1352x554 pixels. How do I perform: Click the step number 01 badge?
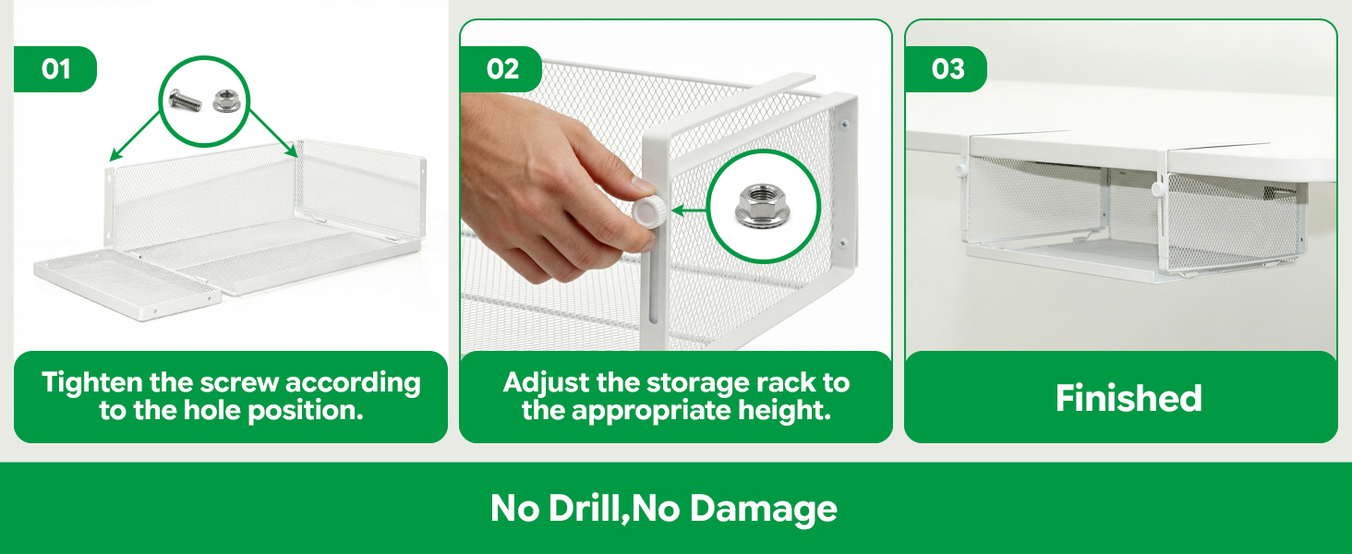pyautogui.click(x=54, y=69)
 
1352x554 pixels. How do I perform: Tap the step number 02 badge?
pyautogui.click(x=501, y=69)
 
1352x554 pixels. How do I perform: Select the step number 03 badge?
pyautogui.click(x=947, y=69)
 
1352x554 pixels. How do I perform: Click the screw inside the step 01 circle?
pyautogui.click(x=186, y=100)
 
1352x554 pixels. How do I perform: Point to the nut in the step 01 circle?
pyautogui.click(x=227, y=101)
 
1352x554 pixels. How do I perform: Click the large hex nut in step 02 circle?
pyautogui.click(x=762, y=207)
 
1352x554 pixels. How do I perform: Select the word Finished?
pyautogui.click(x=1129, y=398)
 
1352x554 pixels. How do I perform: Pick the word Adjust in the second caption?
pyautogui.click(x=546, y=382)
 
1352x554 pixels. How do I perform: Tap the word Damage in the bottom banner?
pyautogui.click(x=764, y=509)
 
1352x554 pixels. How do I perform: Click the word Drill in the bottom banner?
pyautogui.click(x=585, y=508)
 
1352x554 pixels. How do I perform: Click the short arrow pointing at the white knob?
pyautogui.click(x=689, y=211)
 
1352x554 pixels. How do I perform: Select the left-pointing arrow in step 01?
pyautogui.click(x=137, y=136)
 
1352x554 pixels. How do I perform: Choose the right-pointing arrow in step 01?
pyautogui.click(x=273, y=133)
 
